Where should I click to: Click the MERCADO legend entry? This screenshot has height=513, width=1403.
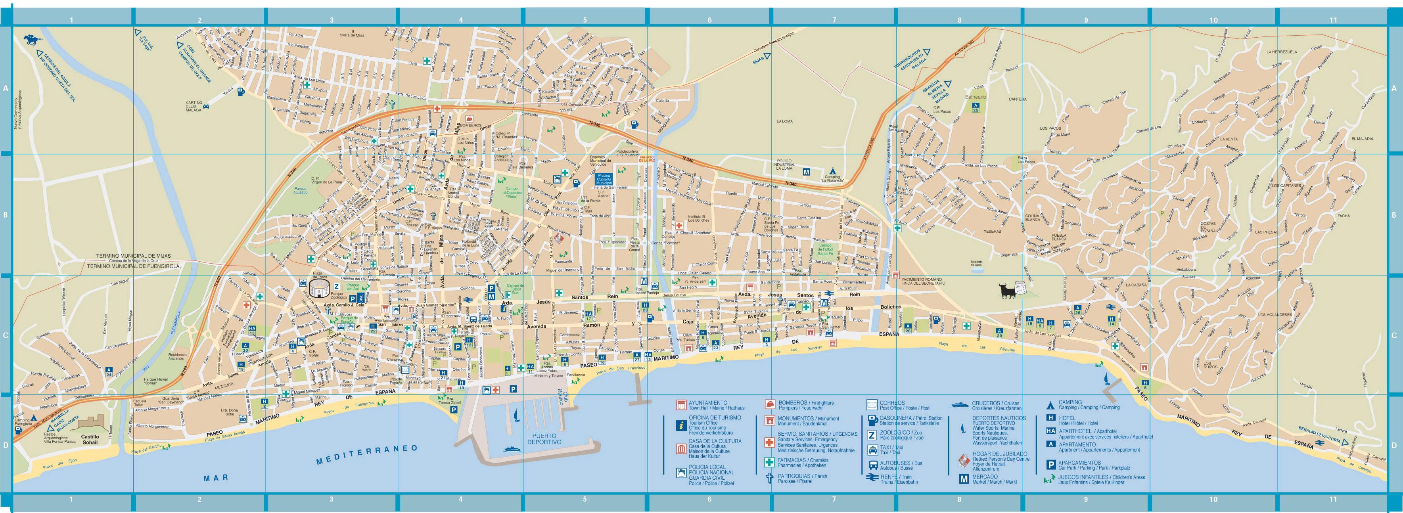tap(984, 477)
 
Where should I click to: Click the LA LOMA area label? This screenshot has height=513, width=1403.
tap(784, 121)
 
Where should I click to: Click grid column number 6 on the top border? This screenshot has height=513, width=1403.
tap(709, 20)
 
